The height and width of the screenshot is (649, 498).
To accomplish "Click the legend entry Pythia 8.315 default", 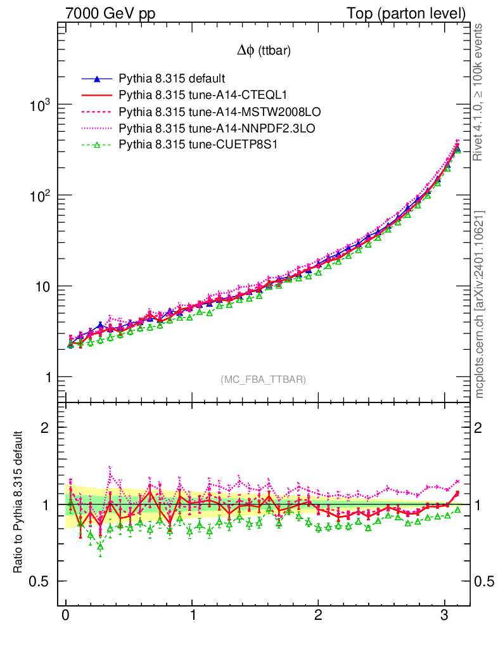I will click(171, 79).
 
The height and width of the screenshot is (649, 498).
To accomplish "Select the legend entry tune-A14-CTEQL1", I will click(203, 96).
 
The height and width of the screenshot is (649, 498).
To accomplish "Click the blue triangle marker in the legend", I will click(97, 79).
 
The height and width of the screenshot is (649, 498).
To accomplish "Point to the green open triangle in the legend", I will click(97, 145).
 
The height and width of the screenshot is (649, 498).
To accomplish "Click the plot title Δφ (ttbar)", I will click(264, 51).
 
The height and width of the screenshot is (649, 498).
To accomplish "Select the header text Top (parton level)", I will click(415, 13).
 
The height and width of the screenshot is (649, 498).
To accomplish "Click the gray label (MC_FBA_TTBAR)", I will click(264, 380).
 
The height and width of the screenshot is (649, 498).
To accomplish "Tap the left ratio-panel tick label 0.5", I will click(41, 582).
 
